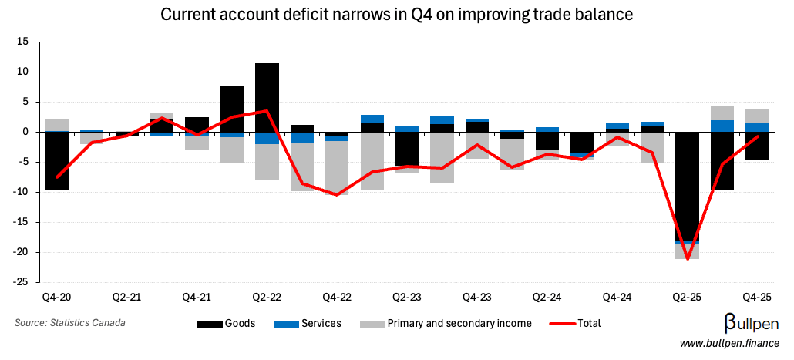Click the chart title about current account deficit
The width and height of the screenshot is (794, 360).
(395, 14)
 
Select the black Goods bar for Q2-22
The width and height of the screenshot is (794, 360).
(267, 97)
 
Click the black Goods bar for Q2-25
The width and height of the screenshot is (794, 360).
(687, 185)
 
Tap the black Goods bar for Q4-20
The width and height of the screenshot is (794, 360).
(57, 161)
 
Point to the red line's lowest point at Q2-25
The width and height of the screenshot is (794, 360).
(687, 258)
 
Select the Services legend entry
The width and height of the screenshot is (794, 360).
(308, 324)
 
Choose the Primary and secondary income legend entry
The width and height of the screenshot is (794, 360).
(446, 324)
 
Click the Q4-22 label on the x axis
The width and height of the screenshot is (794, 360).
(337, 297)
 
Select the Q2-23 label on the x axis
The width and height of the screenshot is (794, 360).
(406, 297)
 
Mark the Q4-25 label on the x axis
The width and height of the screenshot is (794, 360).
(757, 297)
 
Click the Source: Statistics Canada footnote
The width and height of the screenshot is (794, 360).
(69, 323)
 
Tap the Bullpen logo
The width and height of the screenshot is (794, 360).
(751, 323)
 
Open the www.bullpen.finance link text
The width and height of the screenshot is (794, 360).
(728, 343)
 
